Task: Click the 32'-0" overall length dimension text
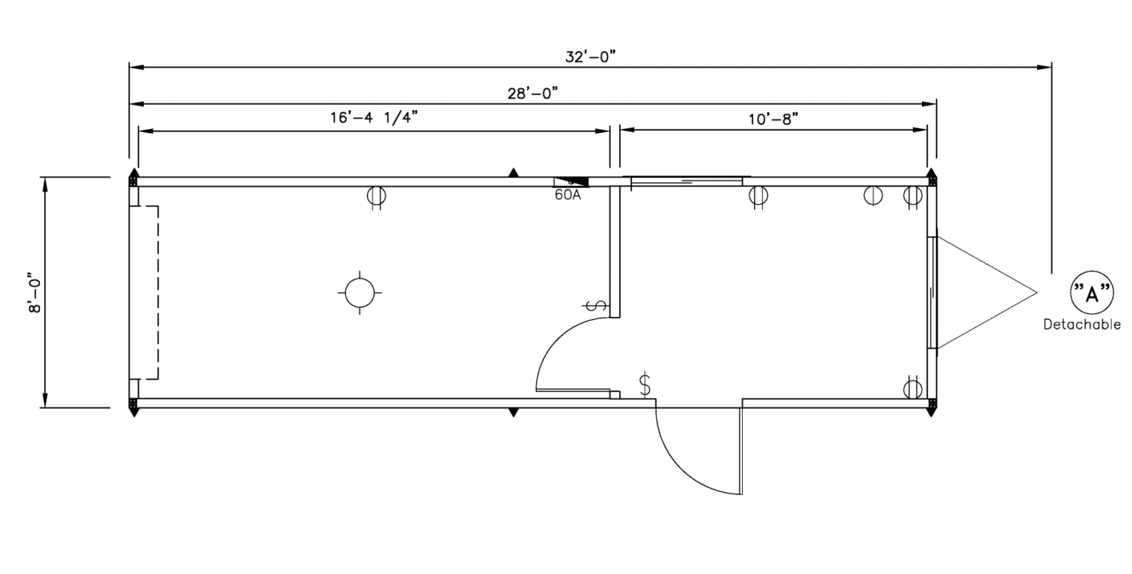coord(590,57)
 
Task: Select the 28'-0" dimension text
coord(532,94)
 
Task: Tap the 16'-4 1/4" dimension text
coord(374,119)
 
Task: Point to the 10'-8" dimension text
coord(774,119)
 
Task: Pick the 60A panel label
coord(567,196)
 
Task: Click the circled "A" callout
coord(1091,293)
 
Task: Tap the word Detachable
coord(1082,324)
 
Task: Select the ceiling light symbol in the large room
coord(360,293)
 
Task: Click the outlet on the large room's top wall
coord(377,196)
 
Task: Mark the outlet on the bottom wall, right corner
coord(912,388)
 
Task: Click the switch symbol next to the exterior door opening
coord(646,384)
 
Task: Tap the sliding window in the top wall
coord(687,181)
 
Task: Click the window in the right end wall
coord(932,293)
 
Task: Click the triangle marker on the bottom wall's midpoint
coord(514,413)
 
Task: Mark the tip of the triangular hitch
coord(1037,293)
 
